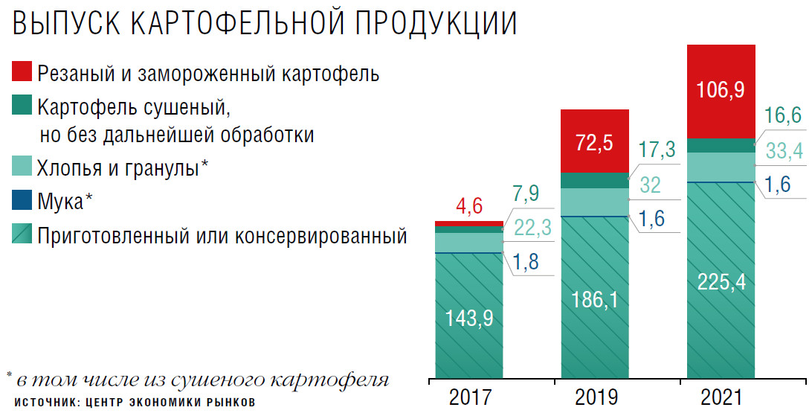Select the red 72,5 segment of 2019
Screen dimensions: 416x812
[x=593, y=141]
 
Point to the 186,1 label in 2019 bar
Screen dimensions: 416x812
[x=593, y=300]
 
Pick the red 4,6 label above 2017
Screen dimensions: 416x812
[x=468, y=206]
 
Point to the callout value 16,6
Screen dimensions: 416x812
[x=784, y=116]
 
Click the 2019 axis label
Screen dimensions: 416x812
[x=593, y=397]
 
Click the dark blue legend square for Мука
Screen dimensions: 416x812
[x=22, y=201]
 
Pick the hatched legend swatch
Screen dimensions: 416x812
[x=22, y=236]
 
